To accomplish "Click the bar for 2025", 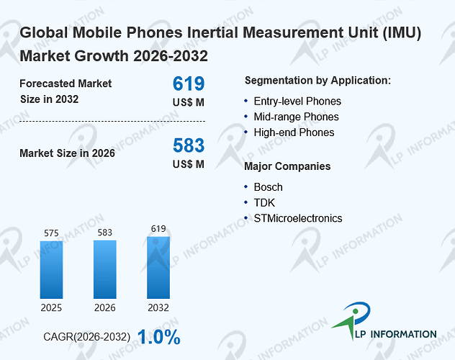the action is pos(51,270).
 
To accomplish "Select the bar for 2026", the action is pos(105,269).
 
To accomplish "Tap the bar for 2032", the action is pos(158,267).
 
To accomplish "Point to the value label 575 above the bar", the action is pos(51,233).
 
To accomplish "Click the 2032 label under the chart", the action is pos(158,307).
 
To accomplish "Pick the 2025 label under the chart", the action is pos(51,307).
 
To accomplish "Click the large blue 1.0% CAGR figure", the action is pos(158,337).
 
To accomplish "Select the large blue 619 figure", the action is pos(189,84).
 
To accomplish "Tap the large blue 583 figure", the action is pos(189,145).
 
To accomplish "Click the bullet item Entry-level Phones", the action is pos(297,102).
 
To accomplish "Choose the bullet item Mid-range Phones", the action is pos(297,117).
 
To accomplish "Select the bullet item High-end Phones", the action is pos(294,132).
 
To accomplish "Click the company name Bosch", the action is pos(268,187).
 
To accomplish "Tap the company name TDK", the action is pos(264,203).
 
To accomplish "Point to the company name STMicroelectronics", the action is pos(298,218).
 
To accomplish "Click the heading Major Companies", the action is pos(287,166).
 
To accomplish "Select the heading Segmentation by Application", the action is pos(317,81).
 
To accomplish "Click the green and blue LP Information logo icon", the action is pos(352,320).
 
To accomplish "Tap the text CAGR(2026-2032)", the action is pos(87,337).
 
